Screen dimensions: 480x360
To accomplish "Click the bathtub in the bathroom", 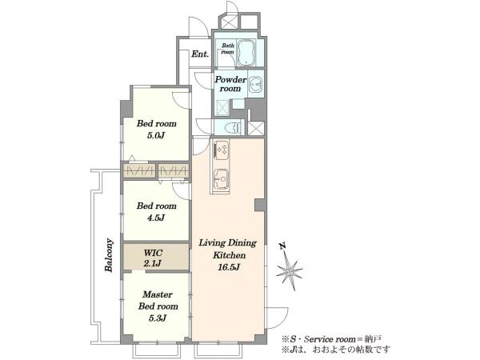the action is point(246,52).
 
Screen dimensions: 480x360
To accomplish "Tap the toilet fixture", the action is point(234,127).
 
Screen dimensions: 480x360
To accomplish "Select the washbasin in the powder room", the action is point(255,84).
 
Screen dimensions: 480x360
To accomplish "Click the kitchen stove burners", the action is point(222,150).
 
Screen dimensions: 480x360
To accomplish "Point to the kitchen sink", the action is point(221,179).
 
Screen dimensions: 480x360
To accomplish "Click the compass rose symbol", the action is point(290,271).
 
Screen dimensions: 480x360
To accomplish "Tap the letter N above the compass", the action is point(282,246).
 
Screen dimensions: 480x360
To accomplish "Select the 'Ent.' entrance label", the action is point(200,54).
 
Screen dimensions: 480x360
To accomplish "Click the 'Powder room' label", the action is point(230,84).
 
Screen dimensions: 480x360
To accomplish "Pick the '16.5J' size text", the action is point(228,267).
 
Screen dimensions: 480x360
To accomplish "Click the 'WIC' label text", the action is point(153,253).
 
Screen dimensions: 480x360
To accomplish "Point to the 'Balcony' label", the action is point(109,255).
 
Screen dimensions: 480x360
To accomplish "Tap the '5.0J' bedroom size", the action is point(156,135).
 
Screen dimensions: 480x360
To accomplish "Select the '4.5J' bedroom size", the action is point(156,218).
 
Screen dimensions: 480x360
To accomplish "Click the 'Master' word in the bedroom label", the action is point(158,294).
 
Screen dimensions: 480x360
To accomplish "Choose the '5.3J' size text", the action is point(158,318).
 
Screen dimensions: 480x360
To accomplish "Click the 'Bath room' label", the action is point(228,49).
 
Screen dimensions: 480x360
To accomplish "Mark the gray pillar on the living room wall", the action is point(260,205).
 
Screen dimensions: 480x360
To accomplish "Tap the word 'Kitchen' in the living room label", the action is point(230,255).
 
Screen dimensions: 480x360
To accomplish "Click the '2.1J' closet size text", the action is point(152,263).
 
